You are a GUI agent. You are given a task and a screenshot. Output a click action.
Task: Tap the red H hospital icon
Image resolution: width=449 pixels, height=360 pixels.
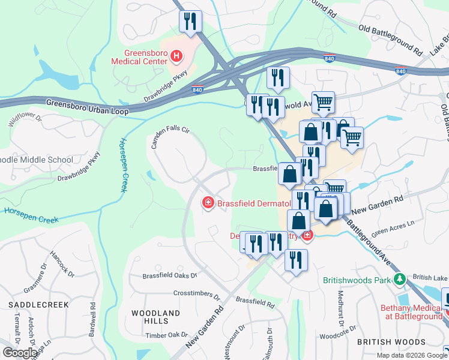176,57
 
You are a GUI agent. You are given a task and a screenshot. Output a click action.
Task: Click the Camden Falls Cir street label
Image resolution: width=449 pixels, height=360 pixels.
170,138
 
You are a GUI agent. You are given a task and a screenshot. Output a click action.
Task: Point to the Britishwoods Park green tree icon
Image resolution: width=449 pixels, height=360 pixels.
399,280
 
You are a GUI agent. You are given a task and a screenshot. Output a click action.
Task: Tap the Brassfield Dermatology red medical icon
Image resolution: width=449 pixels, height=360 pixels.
208,203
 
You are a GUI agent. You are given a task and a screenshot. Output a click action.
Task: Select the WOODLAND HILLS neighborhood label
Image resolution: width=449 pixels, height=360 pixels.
155,317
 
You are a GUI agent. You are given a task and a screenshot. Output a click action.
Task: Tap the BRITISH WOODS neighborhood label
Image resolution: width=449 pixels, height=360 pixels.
390,342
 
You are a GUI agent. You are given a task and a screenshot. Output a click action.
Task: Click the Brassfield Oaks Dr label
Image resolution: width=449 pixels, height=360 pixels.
170,276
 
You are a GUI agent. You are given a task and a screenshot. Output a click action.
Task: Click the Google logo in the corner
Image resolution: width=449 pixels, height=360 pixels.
20,353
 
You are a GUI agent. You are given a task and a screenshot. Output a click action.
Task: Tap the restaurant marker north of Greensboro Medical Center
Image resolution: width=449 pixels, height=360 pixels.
190,22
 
